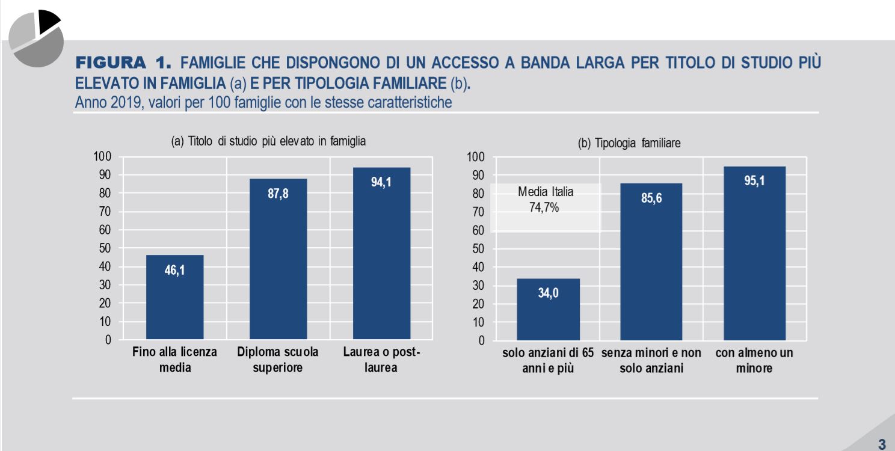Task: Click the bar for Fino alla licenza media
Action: click(x=174, y=298)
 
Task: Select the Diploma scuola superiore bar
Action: click(x=278, y=259)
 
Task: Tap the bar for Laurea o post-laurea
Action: click(x=381, y=253)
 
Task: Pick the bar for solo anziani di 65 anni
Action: click(x=548, y=309)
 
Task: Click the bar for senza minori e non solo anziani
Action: click(x=651, y=262)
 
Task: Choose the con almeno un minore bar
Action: click(x=755, y=253)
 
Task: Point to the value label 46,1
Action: click(x=174, y=271)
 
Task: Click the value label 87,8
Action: click(x=278, y=195)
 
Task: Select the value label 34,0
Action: click(x=548, y=294)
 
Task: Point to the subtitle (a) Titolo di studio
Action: click(x=269, y=142)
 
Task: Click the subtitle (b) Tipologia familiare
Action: click(x=629, y=144)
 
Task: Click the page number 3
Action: click(x=882, y=445)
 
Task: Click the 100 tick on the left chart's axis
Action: click(x=103, y=157)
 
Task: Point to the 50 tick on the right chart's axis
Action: click(x=476, y=249)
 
